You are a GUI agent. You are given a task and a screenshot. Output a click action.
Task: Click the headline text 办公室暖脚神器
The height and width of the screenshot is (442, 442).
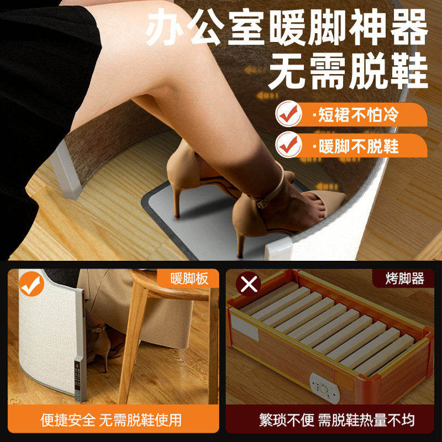point(287,29)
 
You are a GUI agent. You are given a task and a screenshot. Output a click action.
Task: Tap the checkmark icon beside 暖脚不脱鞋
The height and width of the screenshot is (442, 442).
point(288,145)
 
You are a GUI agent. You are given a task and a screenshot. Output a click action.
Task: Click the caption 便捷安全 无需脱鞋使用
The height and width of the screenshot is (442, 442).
point(111,420)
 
